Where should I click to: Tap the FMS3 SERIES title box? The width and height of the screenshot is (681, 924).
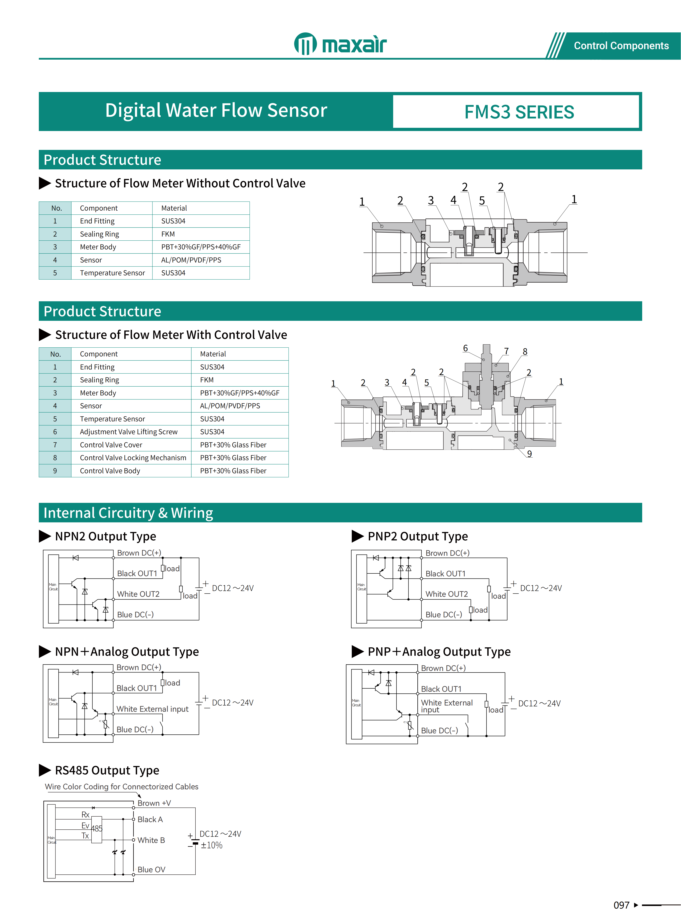pos(519,112)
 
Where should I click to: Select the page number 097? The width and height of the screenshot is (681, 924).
pos(621,905)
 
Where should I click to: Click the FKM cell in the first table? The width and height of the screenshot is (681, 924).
pos(168,234)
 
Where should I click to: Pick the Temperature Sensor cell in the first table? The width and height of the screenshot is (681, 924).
pos(112,273)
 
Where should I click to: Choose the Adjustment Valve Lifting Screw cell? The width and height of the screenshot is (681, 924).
pos(129,431)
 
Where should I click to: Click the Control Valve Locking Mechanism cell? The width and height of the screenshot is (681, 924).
pos(133,457)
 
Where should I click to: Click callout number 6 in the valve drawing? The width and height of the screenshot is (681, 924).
pos(465,348)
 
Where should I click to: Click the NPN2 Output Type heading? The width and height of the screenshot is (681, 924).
pos(106,536)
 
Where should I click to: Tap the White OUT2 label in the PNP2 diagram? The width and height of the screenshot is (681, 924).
pos(446,594)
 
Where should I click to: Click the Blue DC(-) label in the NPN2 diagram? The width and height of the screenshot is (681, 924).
pos(135,615)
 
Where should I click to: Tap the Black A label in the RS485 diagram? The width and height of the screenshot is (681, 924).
pos(150,819)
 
